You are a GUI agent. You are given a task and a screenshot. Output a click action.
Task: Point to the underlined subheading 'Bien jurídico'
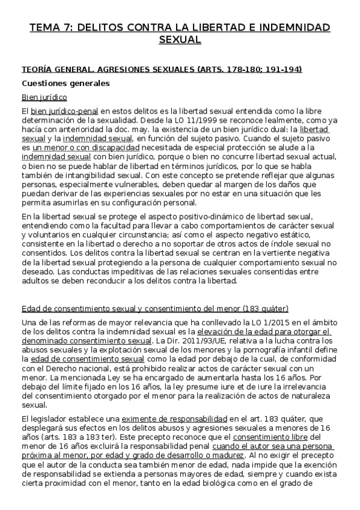coord(44,97)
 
